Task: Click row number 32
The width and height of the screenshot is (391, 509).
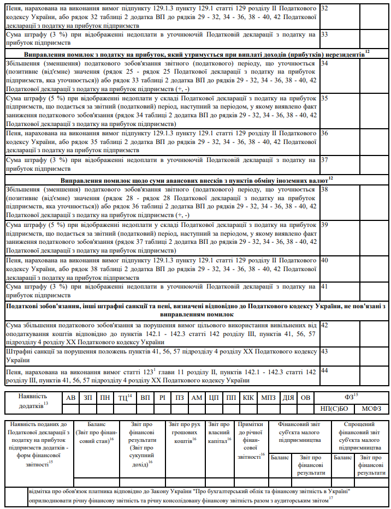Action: (x=324, y=9)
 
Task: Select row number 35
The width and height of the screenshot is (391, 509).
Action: (x=324, y=98)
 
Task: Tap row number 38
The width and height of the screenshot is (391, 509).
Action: (x=324, y=189)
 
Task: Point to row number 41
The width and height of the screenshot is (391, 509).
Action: (x=324, y=286)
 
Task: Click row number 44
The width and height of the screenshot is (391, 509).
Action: (x=324, y=371)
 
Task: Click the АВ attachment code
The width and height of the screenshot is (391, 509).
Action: (x=70, y=398)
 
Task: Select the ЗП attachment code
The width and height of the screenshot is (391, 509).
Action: (x=88, y=398)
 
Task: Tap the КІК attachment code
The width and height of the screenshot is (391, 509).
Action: (x=248, y=398)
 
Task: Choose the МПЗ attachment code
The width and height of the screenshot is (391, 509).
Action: (x=268, y=398)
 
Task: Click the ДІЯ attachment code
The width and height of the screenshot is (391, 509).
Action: (x=288, y=398)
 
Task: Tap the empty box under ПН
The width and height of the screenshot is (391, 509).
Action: (x=105, y=409)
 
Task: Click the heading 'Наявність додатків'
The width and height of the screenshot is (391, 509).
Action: (x=33, y=402)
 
